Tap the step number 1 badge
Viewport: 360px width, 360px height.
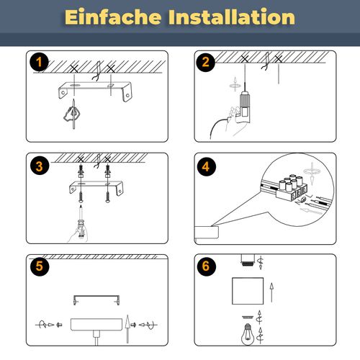(40, 63)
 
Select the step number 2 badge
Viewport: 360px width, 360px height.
(206, 63)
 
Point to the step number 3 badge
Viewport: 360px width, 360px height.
(40, 167)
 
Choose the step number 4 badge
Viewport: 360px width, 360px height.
(206, 167)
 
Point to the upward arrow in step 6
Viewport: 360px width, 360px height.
(271, 292)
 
